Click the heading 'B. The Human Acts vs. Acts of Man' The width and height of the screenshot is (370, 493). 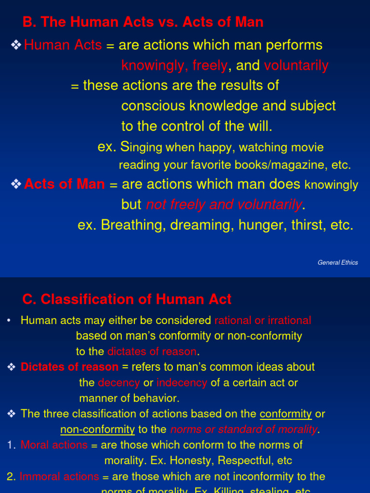tap(143, 22)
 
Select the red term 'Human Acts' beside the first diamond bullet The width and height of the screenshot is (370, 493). tap(63, 45)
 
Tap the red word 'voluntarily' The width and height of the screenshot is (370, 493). tap(296, 65)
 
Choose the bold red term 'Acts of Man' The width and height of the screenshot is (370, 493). tap(65, 184)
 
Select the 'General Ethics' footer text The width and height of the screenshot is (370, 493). tap(338, 262)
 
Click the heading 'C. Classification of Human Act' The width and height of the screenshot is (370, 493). tap(127, 299)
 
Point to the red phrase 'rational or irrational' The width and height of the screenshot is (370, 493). tap(263, 320)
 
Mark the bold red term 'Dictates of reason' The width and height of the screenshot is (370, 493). tap(69, 367)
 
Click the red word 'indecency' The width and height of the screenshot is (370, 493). tap(182, 383)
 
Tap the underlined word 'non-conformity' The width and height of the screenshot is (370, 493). tap(97, 429)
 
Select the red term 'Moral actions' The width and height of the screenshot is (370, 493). tap(54, 445)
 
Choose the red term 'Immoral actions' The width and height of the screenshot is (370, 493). tap(59, 477)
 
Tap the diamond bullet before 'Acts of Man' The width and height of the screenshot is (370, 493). tap(16, 184)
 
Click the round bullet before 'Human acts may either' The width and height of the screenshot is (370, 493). tap(9, 321)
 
